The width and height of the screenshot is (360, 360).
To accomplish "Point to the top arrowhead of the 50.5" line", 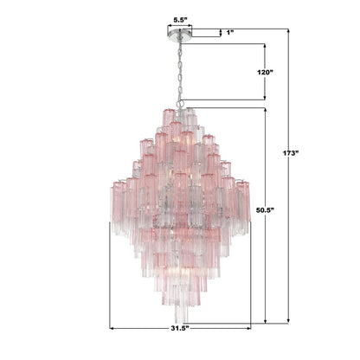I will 252,110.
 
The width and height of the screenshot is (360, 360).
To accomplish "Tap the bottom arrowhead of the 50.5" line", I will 252,321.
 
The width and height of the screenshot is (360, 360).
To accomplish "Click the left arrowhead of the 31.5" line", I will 112,328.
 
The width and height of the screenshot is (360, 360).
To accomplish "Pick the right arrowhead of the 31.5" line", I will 249,328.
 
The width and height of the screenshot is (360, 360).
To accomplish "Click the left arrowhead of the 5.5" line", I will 168,24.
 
